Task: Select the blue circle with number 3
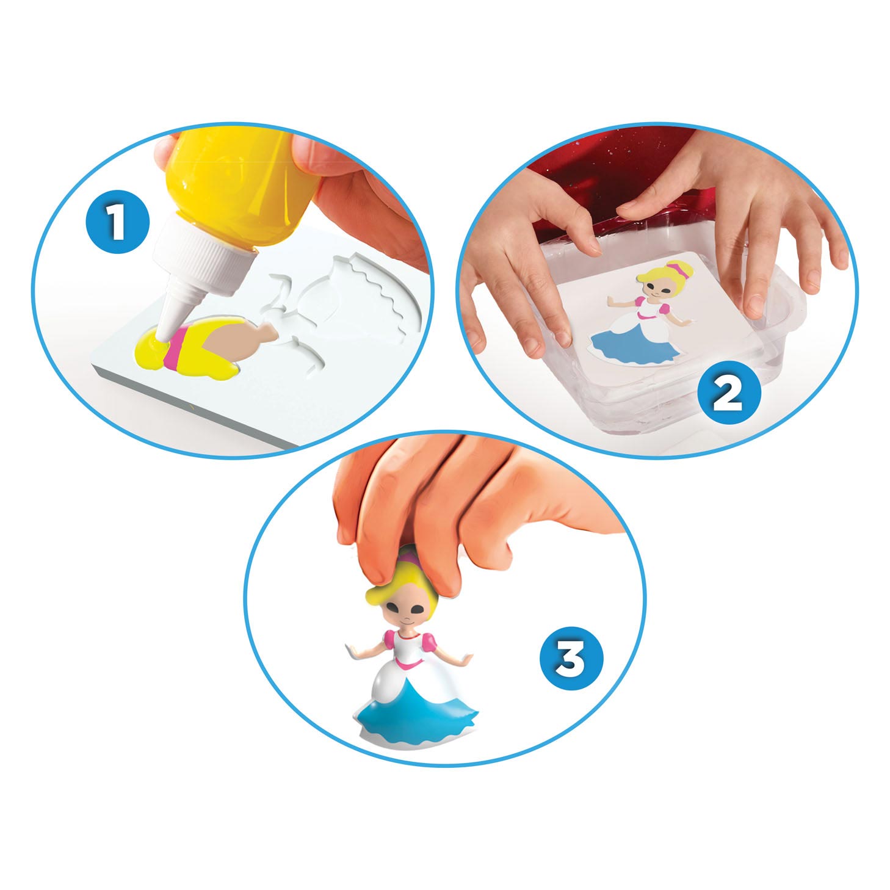(x=571, y=660)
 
